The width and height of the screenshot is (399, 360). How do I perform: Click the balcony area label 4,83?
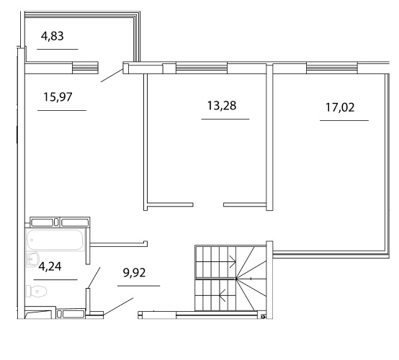pyautogui.click(x=52, y=36)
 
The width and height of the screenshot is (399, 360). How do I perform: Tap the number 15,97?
pyautogui.click(x=58, y=97)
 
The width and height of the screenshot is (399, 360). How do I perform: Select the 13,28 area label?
pyautogui.click(x=222, y=106)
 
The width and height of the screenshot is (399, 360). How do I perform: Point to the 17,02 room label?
pyautogui.click(x=340, y=107)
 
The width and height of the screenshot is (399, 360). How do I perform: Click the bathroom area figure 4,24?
pyautogui.click(x=50, y=266)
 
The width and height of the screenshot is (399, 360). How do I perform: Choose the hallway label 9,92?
pyautogui.click(x=135, y=273)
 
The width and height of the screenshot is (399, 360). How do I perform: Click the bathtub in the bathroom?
pyautogui.click(x=55, y=240)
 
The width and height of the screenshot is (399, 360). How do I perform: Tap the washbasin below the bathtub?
pyautogui.click(x=32, y=259)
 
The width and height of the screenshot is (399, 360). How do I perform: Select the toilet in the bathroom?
pyautogui.click(x=37, y=291)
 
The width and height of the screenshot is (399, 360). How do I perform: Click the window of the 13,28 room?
pyautogui.click(x=202, y=68)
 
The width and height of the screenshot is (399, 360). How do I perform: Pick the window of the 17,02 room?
pyautogui.click(x=332, y=68)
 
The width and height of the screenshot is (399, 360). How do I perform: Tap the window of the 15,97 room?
pyautogui.click(x=85, y=68)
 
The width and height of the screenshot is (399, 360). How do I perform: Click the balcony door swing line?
pyautogui.click(x=112, y=76)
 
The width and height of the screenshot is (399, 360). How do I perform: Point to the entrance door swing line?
pyautogui.click(x=118, y=307)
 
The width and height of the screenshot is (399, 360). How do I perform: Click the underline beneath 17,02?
pyautogui.click(x=344, y=120)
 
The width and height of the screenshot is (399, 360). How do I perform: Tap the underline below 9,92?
pyautogui.click(x=139, y=286)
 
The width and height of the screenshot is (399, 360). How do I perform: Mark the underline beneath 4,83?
pyautogui.click(x=58, y=49)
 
